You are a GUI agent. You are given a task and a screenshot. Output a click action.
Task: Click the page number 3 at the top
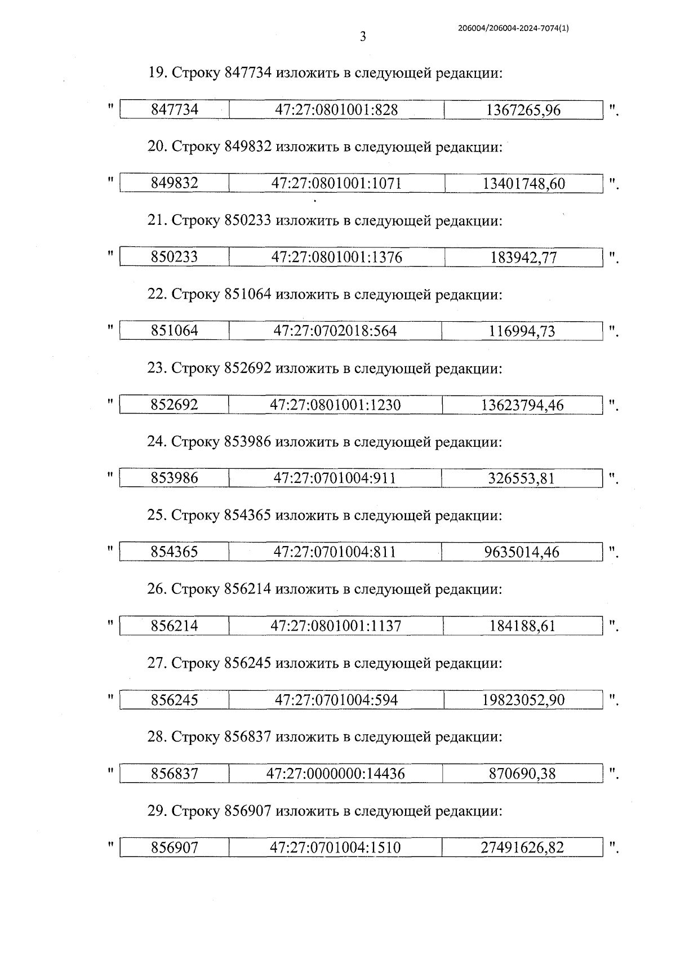click(x=363, y=37)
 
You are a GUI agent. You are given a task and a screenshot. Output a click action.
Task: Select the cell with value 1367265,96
click(x=523, y=110)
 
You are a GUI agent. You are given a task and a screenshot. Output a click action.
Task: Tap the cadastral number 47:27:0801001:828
click(x=336, y=110)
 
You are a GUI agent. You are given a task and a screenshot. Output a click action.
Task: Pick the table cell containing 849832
click(x=175, y=184)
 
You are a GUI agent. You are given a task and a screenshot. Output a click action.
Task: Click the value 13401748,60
click(x=524, y=184)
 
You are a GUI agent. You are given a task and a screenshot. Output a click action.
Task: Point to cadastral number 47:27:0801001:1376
click(x=337, y=258)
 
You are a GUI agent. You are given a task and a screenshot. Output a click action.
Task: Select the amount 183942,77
click(x=523, y=258)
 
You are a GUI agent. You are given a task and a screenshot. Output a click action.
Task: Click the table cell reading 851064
click(x=175, y=331)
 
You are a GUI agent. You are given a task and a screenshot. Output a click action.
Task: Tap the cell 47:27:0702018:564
click(x=335, y=331)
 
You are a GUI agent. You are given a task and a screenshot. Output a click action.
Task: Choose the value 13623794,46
click(x=522, y=405)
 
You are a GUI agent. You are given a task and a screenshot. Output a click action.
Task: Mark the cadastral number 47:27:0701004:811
click(x=335, y=552)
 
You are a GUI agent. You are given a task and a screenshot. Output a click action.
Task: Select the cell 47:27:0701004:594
click(x=336, y=700)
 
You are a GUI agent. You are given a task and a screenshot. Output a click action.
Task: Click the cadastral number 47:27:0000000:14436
click(x=336, y=774)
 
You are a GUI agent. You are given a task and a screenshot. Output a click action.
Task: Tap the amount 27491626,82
click(x=522, y=847)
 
